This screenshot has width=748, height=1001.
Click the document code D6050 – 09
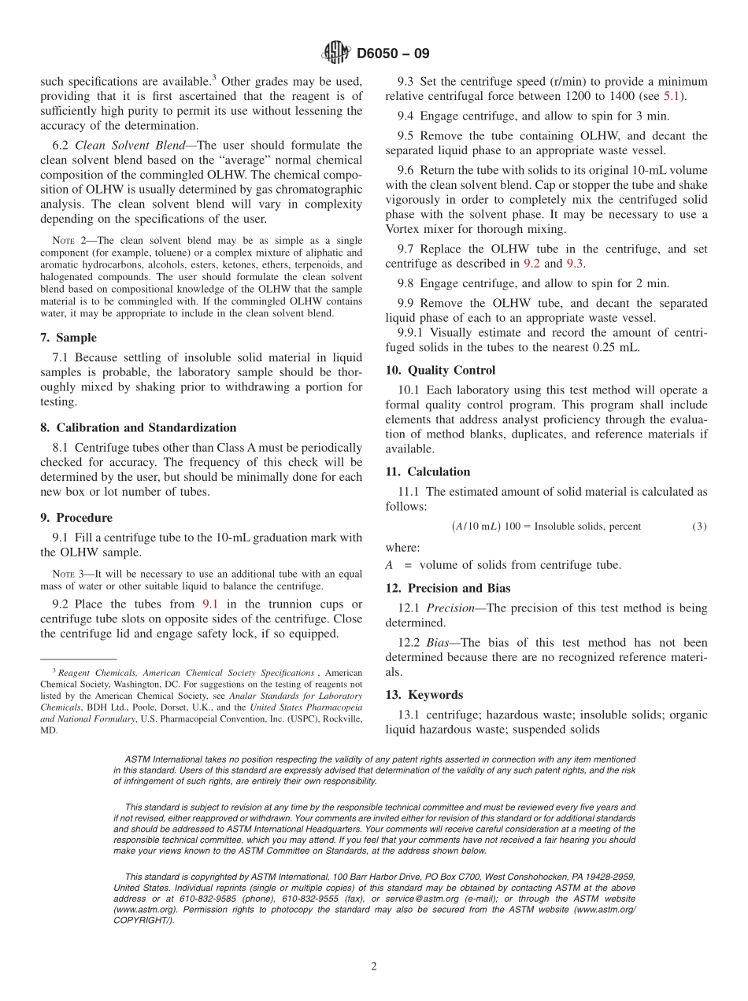click(393, 54)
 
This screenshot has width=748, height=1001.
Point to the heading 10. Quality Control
click(440, 370)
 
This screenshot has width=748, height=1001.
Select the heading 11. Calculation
click(428, 472)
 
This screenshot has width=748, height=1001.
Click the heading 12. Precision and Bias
click(447, 589)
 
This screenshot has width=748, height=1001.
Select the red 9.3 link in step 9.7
click(576, 264)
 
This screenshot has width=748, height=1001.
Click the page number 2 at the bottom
click(374, 967)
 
